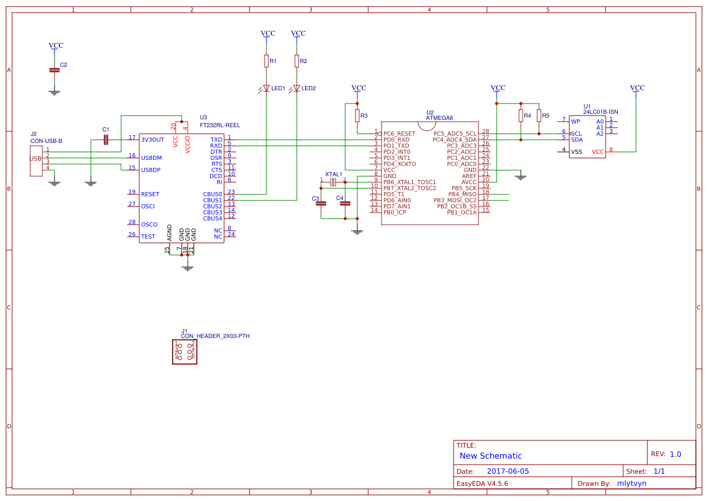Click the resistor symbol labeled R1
click(266, 61)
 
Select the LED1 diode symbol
click(266, 88)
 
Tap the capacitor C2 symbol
click(55, 70)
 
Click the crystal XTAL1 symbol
click(332, 182)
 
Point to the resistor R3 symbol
click(357, 115)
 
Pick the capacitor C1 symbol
click(106, 140)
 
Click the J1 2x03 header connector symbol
click(185, 351)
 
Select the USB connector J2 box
click(36, 159)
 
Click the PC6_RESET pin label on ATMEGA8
click(399, 133)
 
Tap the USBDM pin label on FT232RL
click(151, 158)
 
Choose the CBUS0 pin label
click(213, 194)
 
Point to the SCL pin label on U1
click(576, 133)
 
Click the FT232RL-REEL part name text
click(220, 125)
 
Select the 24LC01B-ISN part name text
click(600, 112)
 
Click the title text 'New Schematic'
click(491, 456)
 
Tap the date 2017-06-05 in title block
click(508, 471)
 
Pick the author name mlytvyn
click(632, 483)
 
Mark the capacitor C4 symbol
click(345, 204)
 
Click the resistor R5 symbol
click(538, 115)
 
